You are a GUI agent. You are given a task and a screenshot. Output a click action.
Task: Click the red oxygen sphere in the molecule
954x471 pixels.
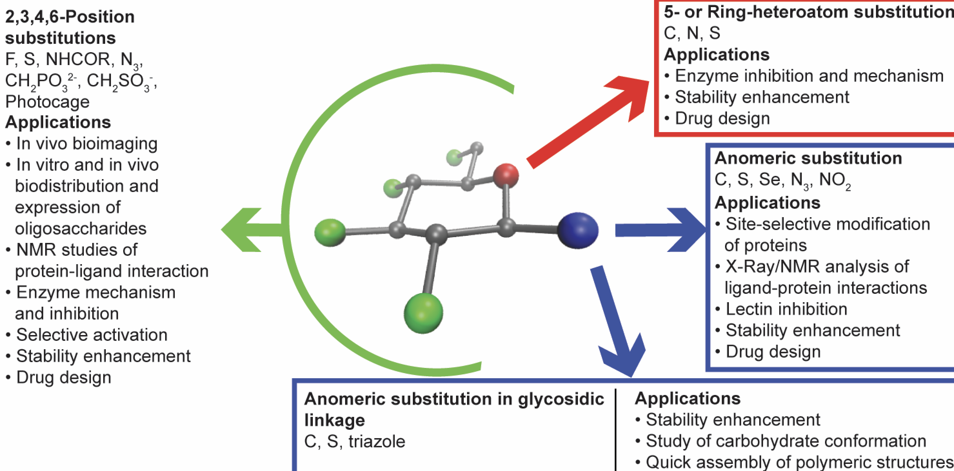coord(506,175)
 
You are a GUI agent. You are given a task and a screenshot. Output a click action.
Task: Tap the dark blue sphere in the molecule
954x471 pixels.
coord(577,230)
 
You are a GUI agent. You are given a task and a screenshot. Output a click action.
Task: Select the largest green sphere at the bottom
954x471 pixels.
coord(423,313)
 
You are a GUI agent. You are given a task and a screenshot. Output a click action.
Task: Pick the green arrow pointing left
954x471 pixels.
coord(248,230)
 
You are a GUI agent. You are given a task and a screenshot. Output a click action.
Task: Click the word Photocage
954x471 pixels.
coord(47,101)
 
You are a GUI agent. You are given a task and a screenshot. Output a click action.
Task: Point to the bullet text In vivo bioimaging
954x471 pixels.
coord(87,144)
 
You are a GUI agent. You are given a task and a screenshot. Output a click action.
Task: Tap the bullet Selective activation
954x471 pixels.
coord(92,335)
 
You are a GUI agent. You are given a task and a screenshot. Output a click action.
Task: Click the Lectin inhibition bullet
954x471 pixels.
coord(786,309)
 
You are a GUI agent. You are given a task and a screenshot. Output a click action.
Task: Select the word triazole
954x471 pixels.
coord(377,441)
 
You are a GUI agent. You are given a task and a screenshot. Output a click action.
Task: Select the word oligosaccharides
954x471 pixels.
coord(80,229)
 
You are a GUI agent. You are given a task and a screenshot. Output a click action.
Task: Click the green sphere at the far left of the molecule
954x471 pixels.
coord(330,232)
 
